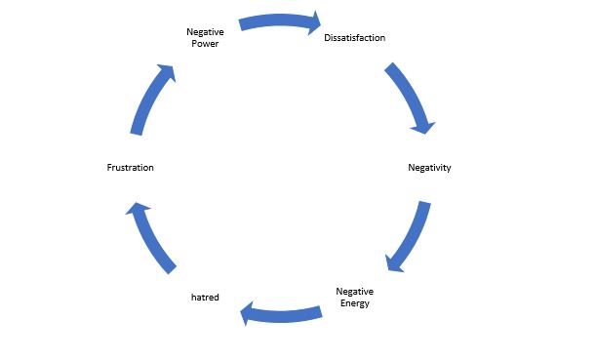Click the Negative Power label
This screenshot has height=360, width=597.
205,38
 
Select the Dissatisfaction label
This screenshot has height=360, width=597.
354,38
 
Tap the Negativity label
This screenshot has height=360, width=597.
428,168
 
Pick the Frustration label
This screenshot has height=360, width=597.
130,168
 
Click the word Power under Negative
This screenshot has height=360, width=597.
205,44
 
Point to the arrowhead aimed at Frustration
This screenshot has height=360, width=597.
137,210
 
